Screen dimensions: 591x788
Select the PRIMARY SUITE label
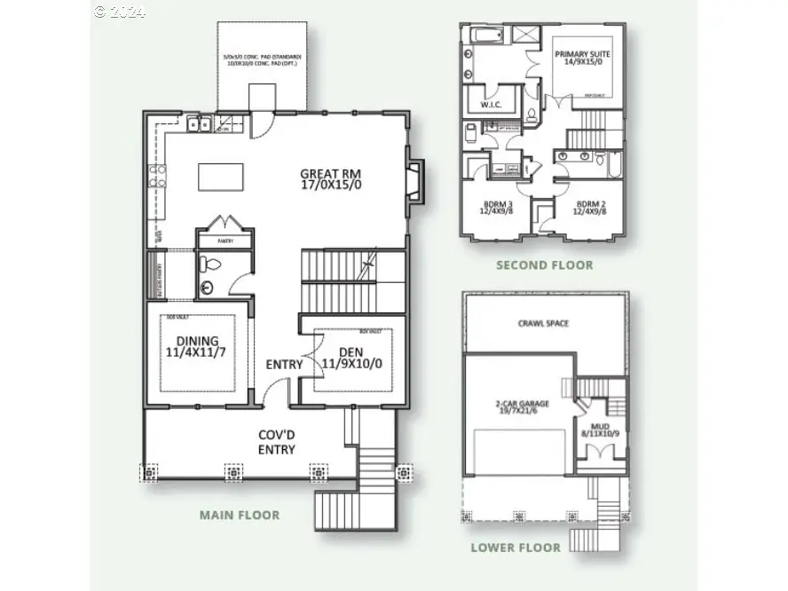583,59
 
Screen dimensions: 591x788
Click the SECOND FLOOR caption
544,265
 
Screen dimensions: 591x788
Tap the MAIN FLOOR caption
240,516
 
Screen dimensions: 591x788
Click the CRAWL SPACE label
544,324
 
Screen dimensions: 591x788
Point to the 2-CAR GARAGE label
522,408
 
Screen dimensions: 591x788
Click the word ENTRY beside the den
284,365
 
